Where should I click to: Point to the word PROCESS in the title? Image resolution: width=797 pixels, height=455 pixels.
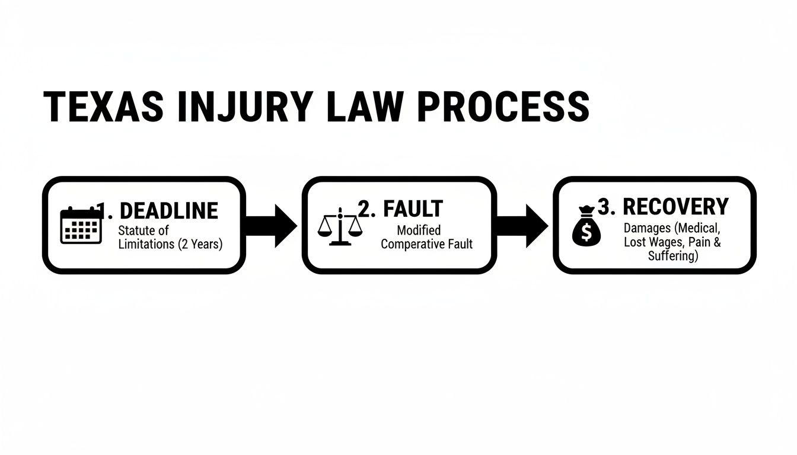[x=504, y=107]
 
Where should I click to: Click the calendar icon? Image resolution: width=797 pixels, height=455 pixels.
[x=81, y=225]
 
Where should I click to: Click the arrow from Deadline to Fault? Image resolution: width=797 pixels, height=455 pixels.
[x=272, y=225]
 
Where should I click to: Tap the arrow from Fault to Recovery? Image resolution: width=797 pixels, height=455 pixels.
[x=522, y=225]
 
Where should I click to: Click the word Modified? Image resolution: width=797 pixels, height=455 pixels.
[x=419, y=230]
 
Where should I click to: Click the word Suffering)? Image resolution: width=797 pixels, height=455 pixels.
[x=673, y=257]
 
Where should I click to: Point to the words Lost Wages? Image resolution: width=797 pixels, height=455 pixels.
[x=652, y=242]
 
